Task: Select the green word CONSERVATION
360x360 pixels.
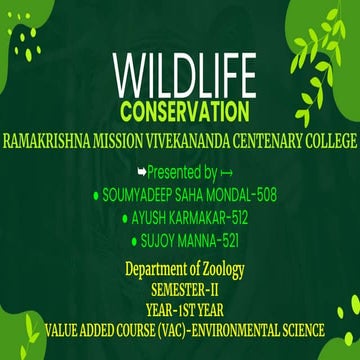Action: (180, 108)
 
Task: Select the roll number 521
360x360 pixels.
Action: (229, 240)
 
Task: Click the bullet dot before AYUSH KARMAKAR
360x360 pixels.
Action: (123, 218)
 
